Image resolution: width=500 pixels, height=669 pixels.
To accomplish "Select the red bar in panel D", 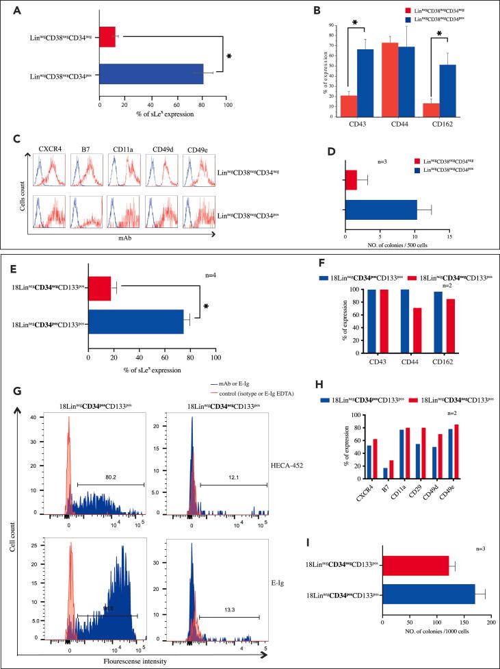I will coord(351,180).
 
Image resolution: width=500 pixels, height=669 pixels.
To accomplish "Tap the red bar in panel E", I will coord(99,288).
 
